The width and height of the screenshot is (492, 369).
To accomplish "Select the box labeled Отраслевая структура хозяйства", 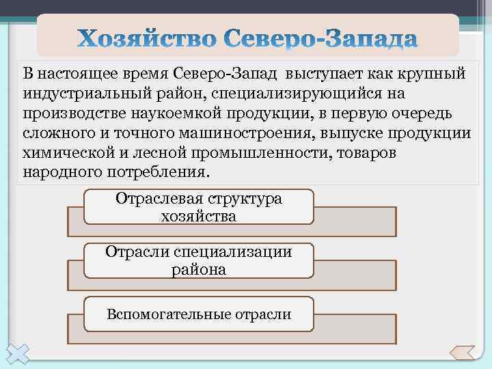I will point(198,207).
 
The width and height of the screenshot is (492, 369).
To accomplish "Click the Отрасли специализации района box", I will point(198,260).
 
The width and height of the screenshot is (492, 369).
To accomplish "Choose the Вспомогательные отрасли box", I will point(198,314).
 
